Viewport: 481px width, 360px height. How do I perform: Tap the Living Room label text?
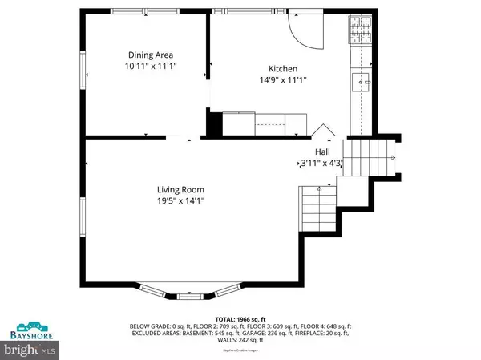(180, 190)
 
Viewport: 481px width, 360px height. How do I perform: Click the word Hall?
(321, 151)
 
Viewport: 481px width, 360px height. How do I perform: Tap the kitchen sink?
(360, 80)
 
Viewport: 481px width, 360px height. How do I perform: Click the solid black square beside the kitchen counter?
(214, 125)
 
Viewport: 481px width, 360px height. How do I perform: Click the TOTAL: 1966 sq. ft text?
(240, 319)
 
